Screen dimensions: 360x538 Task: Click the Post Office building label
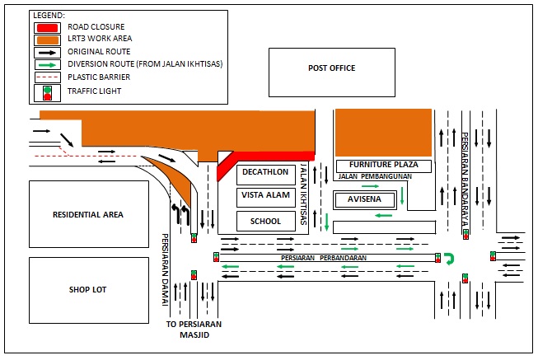click(331, 68)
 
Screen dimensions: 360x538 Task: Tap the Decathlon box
click(264, 173)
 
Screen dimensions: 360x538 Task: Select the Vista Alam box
click(264, 197)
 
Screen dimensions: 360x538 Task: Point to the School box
click(264, 221)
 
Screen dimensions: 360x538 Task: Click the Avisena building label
click(363, 199)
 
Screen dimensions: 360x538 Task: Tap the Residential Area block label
click(88, 214)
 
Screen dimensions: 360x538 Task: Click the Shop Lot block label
click(88, 289)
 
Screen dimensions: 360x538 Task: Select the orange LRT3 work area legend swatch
click(46, 39)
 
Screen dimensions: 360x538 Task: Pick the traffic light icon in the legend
click(46, 91)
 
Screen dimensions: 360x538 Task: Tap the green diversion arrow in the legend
click(46, 64)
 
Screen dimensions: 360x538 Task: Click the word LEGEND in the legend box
click(48, 16)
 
